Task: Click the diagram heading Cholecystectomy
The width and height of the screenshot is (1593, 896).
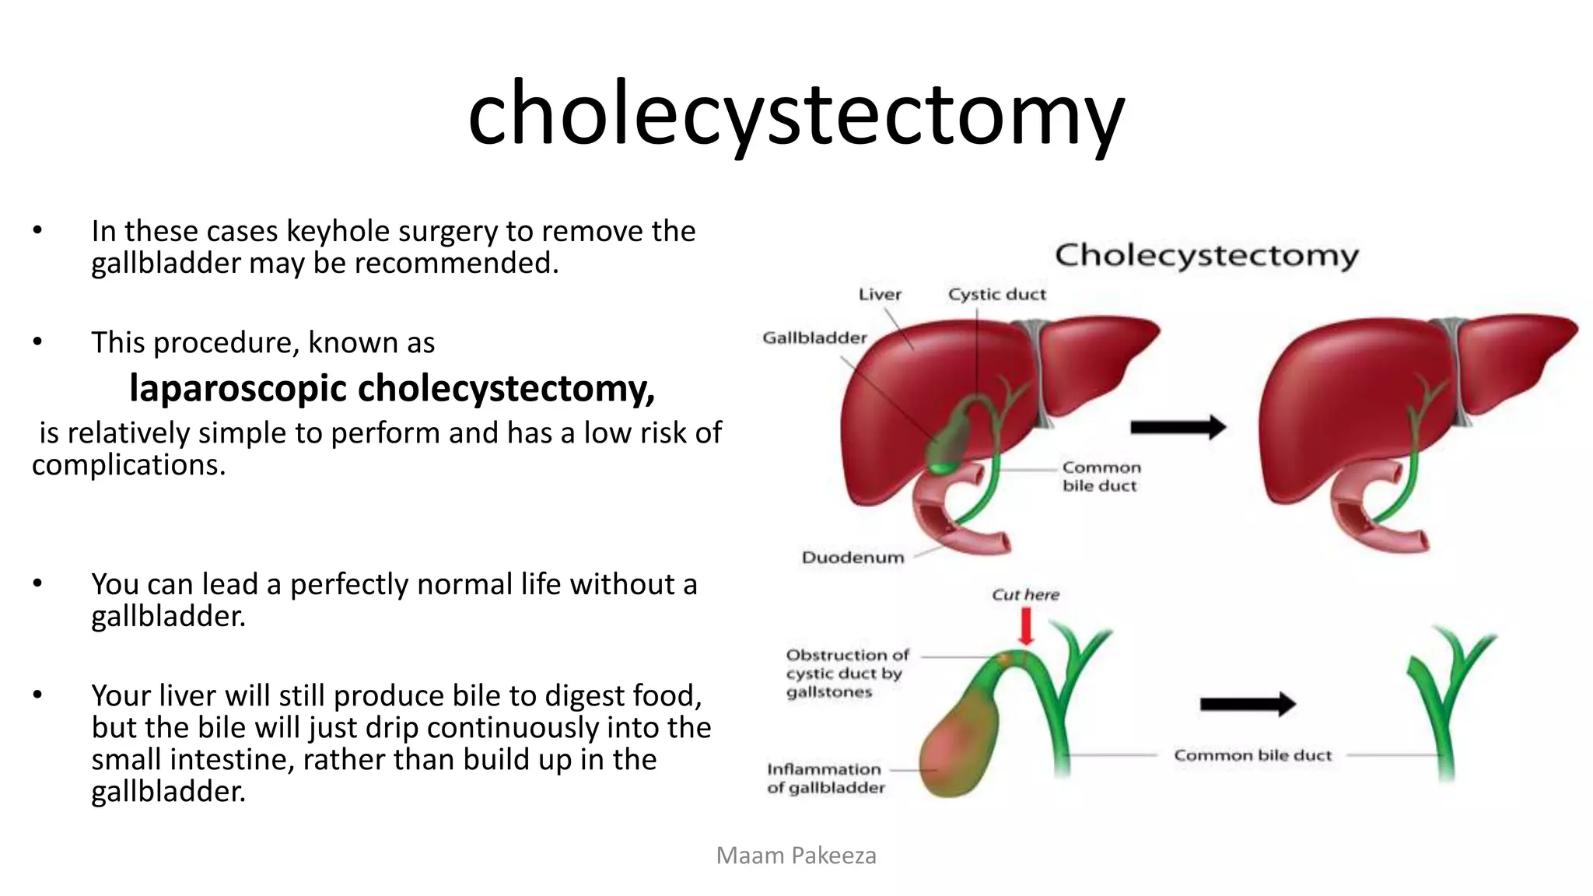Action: [x=1206, y=255]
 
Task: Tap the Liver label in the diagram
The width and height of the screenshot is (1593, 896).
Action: [x=880, y=294]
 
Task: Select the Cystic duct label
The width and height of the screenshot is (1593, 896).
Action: [x=996, y=294]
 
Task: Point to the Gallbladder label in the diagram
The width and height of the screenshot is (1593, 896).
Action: [x=814, y=338]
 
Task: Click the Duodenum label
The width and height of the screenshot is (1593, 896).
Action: [x=853, y=557]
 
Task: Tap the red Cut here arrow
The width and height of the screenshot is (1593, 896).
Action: [x=1026, y=625]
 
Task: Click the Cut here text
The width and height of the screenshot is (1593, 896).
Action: [x=1025, y=594]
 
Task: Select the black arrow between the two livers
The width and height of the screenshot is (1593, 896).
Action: [x=1178, y=426]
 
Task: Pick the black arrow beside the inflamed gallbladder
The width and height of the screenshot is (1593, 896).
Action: [x=1248, y=704]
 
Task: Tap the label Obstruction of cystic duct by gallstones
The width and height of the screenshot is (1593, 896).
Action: [x=846, y=673]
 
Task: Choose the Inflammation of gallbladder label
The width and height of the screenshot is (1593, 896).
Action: [x=826, y=778]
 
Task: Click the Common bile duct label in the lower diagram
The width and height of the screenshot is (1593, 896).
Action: [x=1252, y=755]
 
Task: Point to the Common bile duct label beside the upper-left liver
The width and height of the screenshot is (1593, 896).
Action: [x=1101, y=476]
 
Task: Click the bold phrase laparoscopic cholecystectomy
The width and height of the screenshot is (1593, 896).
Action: [x=392, y=388]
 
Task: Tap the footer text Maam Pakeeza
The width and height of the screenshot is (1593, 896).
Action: [x=796, y=856]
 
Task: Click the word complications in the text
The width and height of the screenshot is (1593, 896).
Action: [x=128, y=465]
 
